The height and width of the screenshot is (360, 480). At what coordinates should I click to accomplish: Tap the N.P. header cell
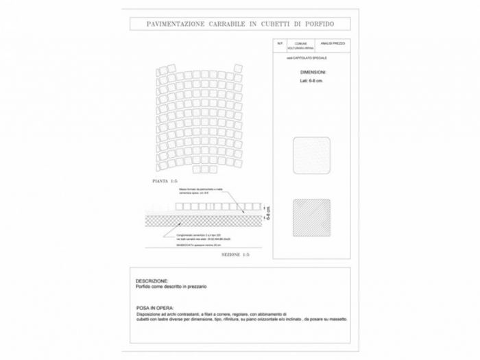280,44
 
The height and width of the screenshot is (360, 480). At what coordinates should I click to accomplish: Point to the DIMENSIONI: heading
313,71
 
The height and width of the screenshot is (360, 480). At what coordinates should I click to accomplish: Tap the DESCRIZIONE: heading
152,280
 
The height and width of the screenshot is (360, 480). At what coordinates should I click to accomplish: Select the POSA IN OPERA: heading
155,307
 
